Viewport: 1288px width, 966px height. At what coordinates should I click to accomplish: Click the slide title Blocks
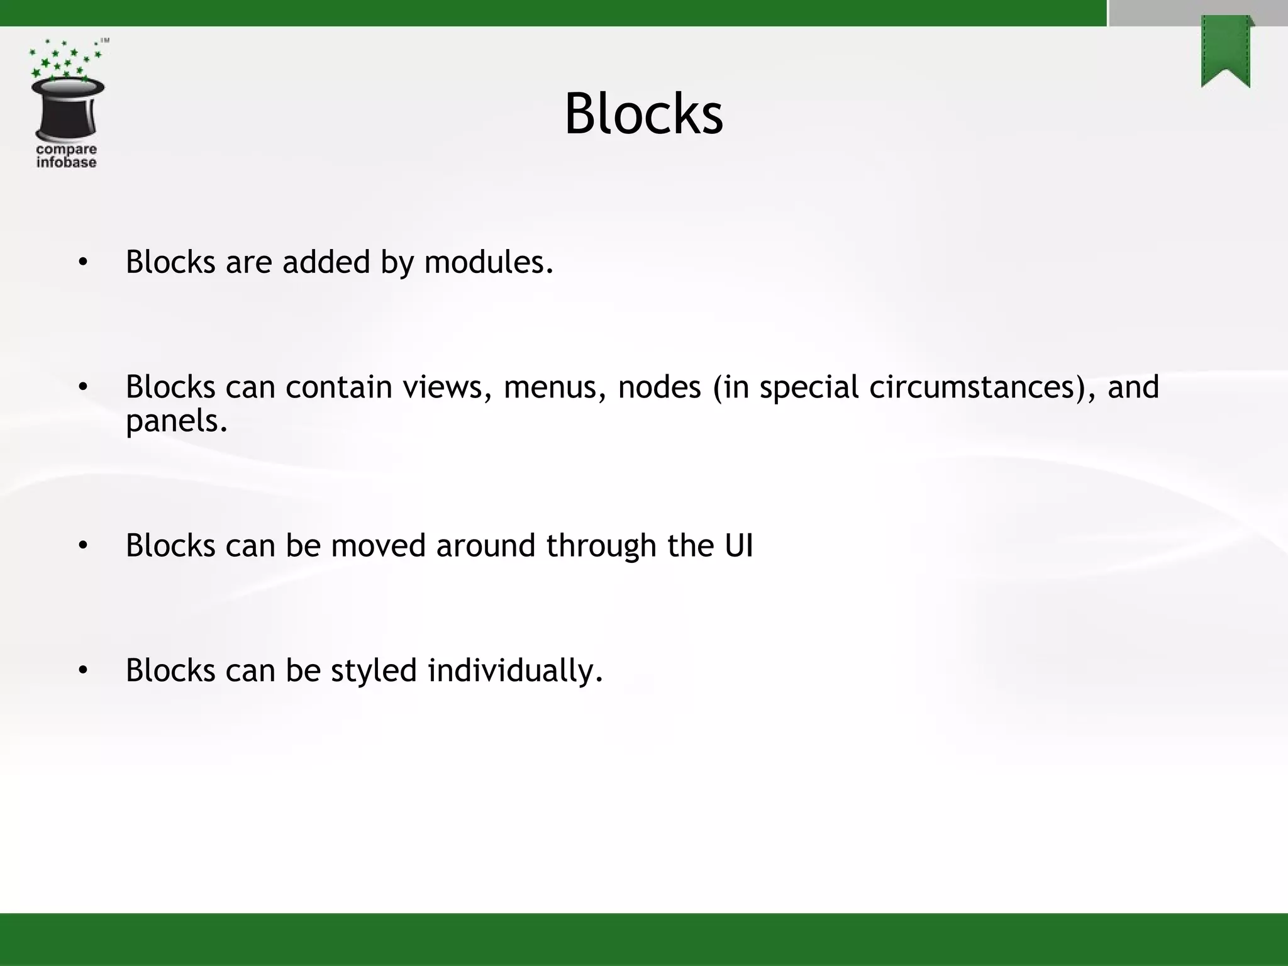643,114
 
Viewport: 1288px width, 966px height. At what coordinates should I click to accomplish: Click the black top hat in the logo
67,108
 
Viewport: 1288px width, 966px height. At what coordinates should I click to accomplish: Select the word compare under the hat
66,150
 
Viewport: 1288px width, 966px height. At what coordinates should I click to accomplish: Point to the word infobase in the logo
66,162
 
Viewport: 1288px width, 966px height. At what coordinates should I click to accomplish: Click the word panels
176,421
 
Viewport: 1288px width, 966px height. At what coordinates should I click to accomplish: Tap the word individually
515,671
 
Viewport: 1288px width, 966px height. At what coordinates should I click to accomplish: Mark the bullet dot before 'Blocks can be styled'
83,671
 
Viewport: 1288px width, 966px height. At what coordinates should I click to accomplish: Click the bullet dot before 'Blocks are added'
83,262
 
